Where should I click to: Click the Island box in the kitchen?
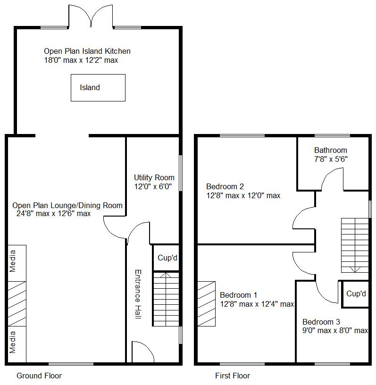coord(98,87)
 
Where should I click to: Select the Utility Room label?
coord(154,177)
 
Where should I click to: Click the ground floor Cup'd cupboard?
coord(167,258)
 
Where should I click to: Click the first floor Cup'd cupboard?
coord(356,294)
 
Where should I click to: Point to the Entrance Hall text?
coord(138,294)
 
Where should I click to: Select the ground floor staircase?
coord(166,299)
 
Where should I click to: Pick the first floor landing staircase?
coord(355,245)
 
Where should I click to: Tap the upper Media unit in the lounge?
coord(17,262)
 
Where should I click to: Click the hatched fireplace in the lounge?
coord(17,303)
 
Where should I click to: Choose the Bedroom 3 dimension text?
coord(335,330)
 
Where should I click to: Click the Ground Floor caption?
coord(39,376)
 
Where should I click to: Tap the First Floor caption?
coord(232,376)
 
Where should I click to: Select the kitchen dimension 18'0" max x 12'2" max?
coord(80,60)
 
